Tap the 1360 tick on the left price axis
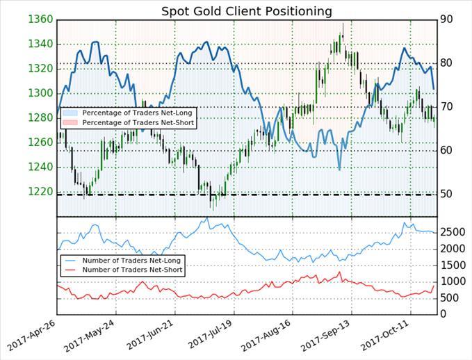pos(40,19)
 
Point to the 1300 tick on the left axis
pos(40,93)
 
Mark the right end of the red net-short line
pos(435,286)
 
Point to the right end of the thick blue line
pos(434,89)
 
